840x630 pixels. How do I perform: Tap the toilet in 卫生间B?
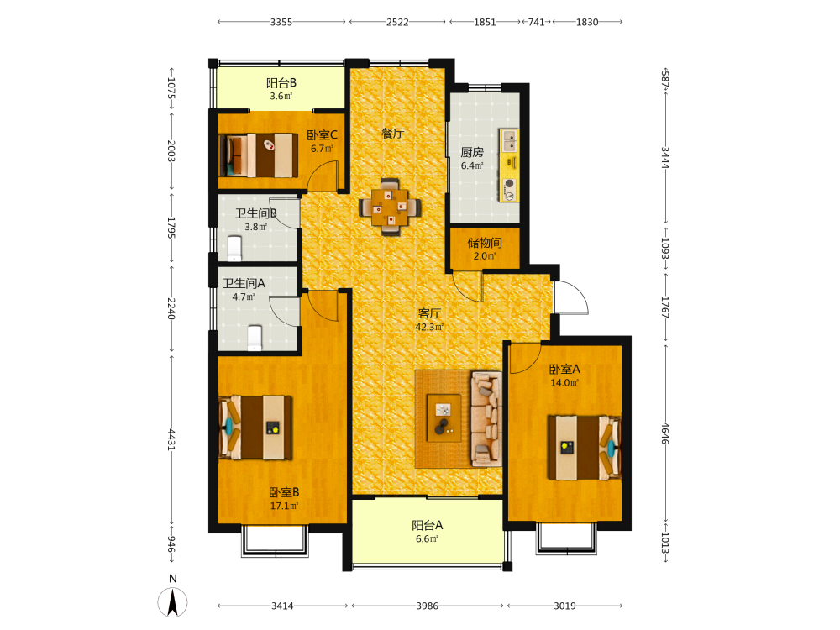234,248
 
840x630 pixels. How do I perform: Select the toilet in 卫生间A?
255,338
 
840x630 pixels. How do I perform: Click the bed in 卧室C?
259,155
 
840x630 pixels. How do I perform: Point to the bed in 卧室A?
584,448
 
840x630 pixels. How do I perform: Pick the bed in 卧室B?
255,428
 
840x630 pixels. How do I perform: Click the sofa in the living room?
486,418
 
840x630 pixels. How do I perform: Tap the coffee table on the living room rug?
444,417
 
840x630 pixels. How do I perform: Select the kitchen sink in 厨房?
510,140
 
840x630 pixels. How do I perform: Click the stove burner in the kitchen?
510,184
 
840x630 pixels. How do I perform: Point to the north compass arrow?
172,602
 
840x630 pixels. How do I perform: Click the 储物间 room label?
485,243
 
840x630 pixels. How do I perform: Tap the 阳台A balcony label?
427,526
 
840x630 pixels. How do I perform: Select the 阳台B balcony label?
281,83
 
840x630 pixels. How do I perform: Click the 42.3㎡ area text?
429,327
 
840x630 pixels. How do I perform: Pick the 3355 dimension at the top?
281,22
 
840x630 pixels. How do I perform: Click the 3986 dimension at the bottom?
427,606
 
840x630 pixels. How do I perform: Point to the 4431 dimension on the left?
171,439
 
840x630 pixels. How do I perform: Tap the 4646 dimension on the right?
664,433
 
